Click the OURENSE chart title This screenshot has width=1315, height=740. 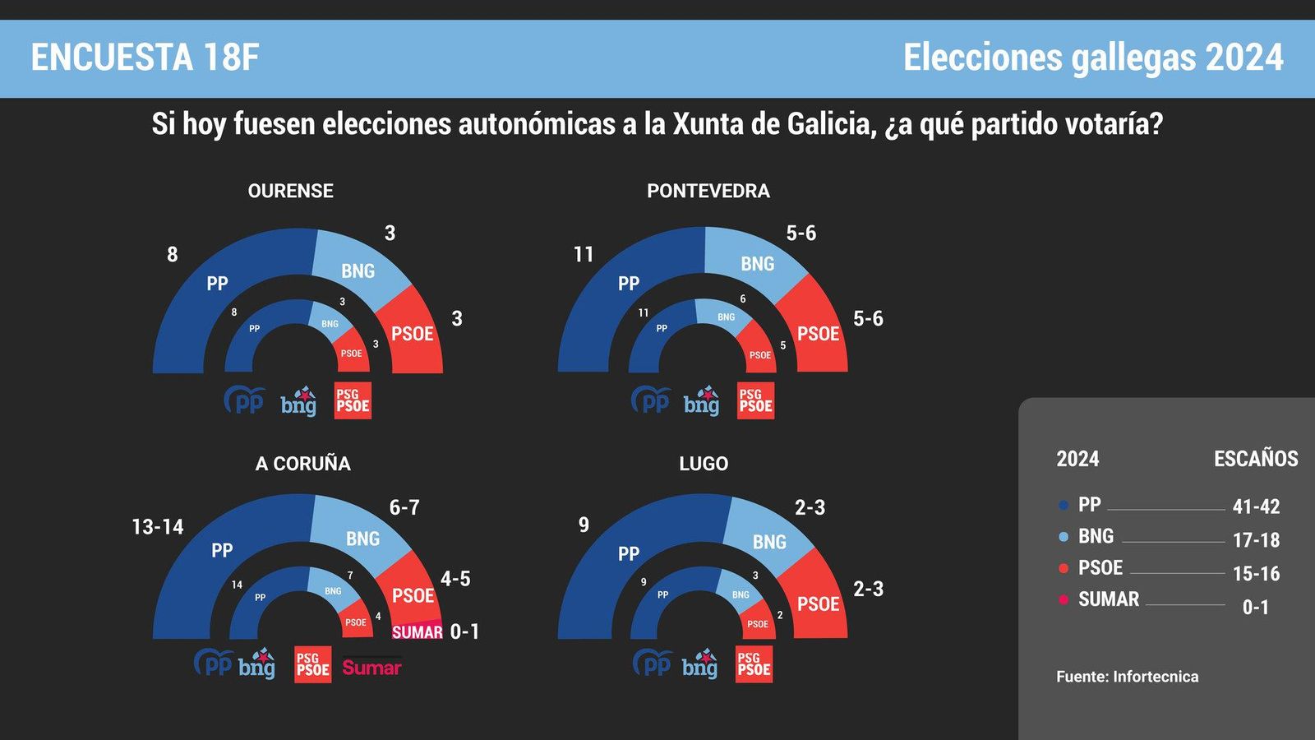290,191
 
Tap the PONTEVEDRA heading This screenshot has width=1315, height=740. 708,191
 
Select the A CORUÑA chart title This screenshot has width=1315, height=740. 302,464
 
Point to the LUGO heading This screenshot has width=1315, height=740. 704,464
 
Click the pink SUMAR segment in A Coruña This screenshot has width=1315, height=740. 417,631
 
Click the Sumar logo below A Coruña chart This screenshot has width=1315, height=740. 371,667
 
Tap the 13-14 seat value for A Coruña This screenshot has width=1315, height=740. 158,526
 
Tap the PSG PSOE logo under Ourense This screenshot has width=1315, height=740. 353,400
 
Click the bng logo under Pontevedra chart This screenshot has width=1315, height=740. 701,401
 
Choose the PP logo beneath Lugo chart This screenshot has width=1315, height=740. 653,663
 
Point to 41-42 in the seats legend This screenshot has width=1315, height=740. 1256,506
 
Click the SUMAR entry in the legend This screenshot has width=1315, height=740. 1108,599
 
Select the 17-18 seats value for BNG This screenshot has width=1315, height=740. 1256,540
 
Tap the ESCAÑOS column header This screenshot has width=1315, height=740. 1255,459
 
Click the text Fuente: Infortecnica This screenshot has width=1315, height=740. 1127,677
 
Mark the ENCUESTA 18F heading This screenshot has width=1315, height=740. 145,58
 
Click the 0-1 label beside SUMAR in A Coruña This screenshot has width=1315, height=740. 464,631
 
